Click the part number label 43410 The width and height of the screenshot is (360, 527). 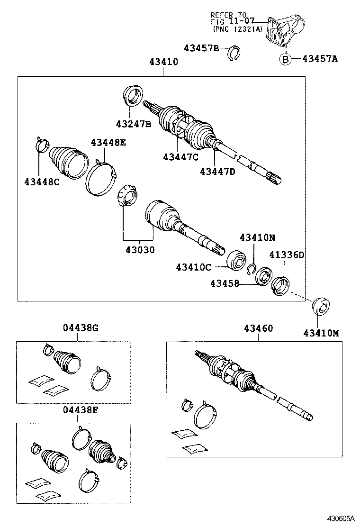click(x=164, y=62)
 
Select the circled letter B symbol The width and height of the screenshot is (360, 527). click(x=285, y=59)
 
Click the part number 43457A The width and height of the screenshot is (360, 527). click(x=321, y=59)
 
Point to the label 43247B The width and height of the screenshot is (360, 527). click(x=134, y=124)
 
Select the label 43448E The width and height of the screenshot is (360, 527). click(x=108, y=142)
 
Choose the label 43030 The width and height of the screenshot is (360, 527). click(x=140, y=250)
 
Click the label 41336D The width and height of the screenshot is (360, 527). click(x=287, y=255)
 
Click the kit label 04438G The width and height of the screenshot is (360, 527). click(x=81, y=328)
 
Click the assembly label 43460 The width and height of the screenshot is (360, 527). click(x=259, y=328)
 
